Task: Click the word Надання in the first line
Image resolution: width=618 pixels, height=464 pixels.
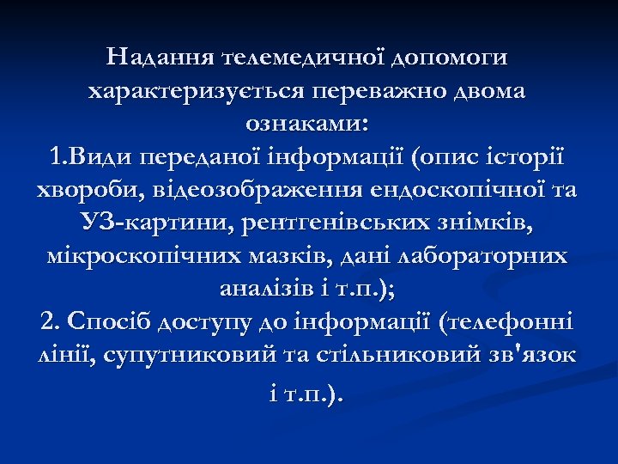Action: click(160, 58)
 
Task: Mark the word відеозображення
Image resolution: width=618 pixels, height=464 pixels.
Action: click(234, 191)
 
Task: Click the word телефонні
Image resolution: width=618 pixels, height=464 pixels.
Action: click(512, 324)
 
